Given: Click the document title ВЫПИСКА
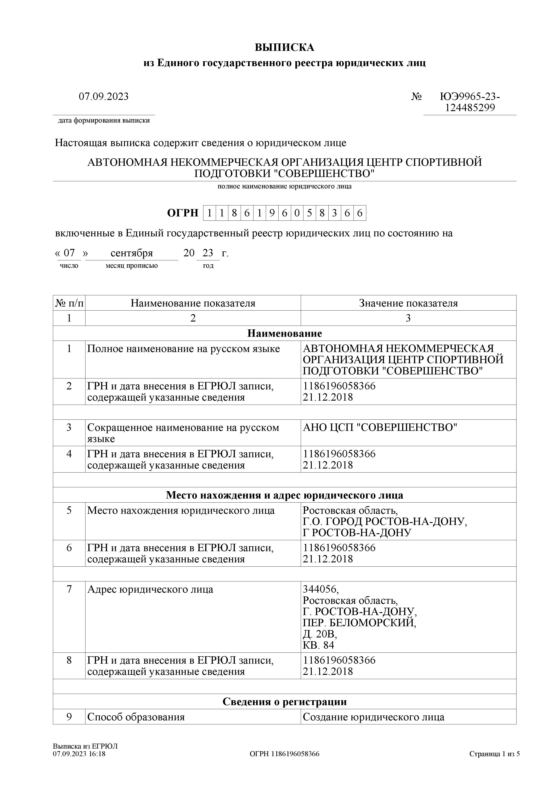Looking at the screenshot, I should [x=284, y=47].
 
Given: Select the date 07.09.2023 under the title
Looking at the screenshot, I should [x=103, y=97].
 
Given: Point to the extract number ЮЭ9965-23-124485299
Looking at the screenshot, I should [x=470, y=102].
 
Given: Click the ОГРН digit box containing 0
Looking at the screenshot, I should [x=297, y=213].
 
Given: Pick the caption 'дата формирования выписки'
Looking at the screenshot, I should [x=104, y=121].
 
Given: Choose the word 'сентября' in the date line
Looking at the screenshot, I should [x=132, y=253].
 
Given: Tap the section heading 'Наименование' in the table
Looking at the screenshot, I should [x=284, y=333].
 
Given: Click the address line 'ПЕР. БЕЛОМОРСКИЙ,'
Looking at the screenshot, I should [x=359, y=623].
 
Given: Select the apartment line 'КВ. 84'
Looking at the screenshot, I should [x=318, y=645].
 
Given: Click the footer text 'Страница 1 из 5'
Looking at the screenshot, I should [x=494, y=754].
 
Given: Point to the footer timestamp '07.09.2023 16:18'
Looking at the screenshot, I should [x=79, y=754].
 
